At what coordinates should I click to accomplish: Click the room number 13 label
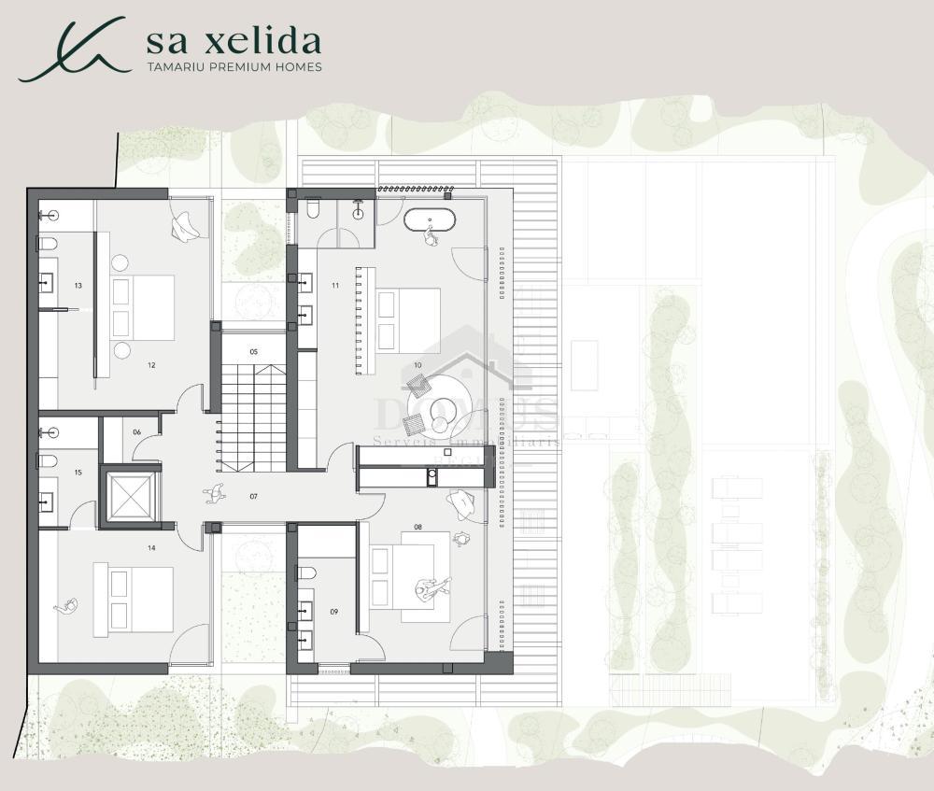78,285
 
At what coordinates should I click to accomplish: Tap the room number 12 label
150,365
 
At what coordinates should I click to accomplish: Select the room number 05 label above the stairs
253,352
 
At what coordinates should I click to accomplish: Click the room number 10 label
417,364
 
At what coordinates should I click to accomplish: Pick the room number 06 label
136,431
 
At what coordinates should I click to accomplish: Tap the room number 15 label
78,473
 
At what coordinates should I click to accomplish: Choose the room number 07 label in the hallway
253,496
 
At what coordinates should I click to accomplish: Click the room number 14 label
150,548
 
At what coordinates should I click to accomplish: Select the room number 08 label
417,528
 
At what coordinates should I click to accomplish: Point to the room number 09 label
333,612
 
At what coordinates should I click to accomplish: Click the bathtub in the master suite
430,221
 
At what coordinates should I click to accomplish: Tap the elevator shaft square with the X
131,495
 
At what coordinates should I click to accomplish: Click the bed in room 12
143,307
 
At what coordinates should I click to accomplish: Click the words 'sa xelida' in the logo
233,42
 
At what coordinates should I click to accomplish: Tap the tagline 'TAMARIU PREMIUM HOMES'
234,67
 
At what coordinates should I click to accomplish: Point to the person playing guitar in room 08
432,589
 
